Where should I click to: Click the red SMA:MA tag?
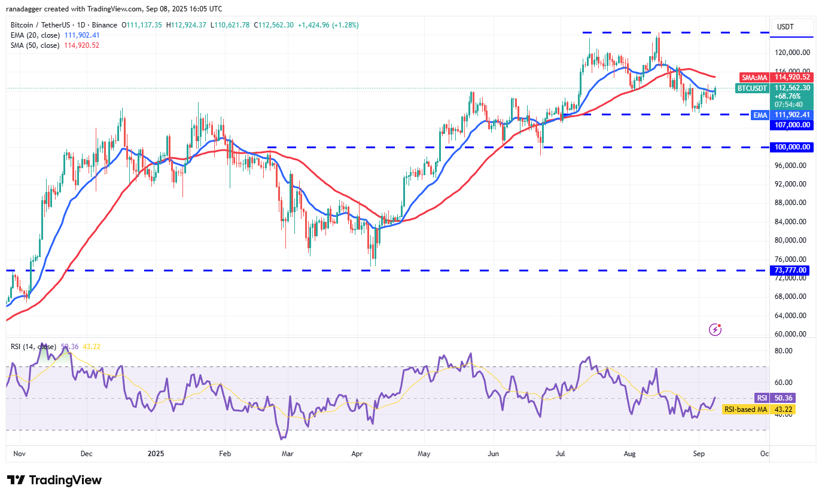(x=754, y=77)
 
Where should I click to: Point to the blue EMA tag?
(x=760, y=115)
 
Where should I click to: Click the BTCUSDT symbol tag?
(x=752, y=88)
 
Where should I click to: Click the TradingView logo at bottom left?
(x=54, y=480)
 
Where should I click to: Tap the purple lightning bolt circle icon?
(x=715, y=329)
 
